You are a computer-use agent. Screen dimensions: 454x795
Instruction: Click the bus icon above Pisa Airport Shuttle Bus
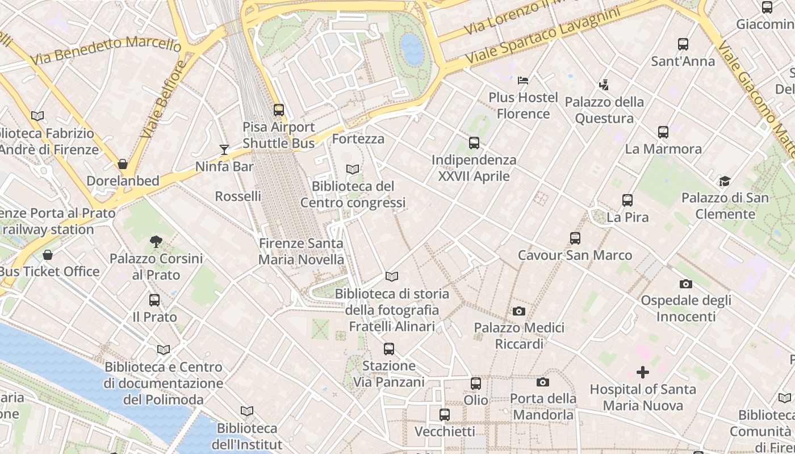click(x=278, y=110)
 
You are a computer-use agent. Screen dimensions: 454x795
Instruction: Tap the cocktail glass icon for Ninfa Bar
click(x=224, y=150)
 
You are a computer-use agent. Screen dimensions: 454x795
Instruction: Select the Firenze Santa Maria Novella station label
click(x=301, y=251)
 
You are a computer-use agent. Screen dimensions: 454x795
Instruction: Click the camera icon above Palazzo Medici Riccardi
click(x=518, y=311)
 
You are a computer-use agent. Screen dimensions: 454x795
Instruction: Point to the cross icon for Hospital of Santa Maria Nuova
click(x=642, y=372)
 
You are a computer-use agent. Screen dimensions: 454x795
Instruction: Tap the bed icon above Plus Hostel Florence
click(x=523, y=81)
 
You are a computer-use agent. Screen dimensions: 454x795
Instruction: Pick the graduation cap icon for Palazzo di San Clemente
click(x=725, y=182)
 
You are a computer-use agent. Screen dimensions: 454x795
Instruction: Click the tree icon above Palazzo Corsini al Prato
click(x=156, y=242)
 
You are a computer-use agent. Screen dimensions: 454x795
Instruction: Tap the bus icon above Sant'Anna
click(x=683, y=44)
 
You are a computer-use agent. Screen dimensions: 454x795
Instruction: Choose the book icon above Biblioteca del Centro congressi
click(x=353, y=169)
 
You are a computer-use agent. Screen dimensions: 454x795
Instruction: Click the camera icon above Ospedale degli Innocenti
click(x=685, y=284)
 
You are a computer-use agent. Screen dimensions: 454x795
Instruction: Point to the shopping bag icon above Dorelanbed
click(x=123, y=164)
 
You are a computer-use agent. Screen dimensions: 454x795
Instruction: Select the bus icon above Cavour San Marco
click(x=575, y=238)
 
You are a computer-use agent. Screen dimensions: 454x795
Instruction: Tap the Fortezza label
click(x=358, y=139)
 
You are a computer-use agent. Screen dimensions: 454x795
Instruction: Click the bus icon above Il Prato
click(x=154, y=300)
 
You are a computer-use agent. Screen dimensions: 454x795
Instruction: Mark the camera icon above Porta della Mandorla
click(x=543, y=382)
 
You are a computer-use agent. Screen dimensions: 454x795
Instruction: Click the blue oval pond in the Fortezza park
click(x=412, y=49)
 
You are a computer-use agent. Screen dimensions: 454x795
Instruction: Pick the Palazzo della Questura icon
click(x=604, y=85)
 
